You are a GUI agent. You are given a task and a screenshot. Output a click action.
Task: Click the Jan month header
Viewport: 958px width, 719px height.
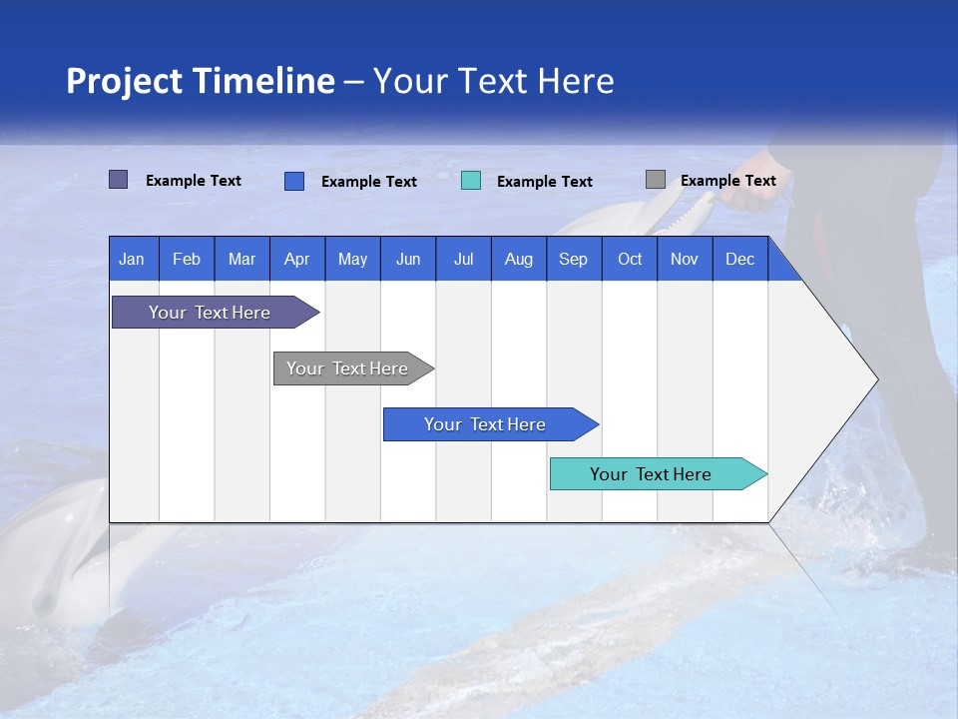(132, 259)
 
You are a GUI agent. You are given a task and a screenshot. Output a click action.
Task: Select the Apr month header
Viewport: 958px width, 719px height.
(296, 259)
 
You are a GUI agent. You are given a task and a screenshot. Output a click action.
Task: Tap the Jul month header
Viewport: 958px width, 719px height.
(463, 259)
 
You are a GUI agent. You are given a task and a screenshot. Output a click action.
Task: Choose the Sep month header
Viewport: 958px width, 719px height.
(573, 259)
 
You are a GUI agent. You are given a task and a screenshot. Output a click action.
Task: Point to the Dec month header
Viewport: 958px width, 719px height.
(739, 259)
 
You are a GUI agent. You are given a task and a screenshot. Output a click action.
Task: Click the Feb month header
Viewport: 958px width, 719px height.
(187, 259)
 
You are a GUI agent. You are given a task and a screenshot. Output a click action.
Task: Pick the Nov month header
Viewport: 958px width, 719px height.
(685, 259)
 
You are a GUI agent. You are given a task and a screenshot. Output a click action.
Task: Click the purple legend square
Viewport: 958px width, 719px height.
(118, 180)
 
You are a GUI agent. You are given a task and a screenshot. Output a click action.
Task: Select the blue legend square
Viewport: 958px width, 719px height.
(294, 181)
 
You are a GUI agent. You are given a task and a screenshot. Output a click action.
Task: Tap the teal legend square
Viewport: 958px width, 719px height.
(471, 181)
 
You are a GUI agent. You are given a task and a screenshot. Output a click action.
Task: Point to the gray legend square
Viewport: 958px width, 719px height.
(655, 180)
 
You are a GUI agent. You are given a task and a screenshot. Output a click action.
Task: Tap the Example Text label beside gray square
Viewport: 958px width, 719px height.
(727, 181)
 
